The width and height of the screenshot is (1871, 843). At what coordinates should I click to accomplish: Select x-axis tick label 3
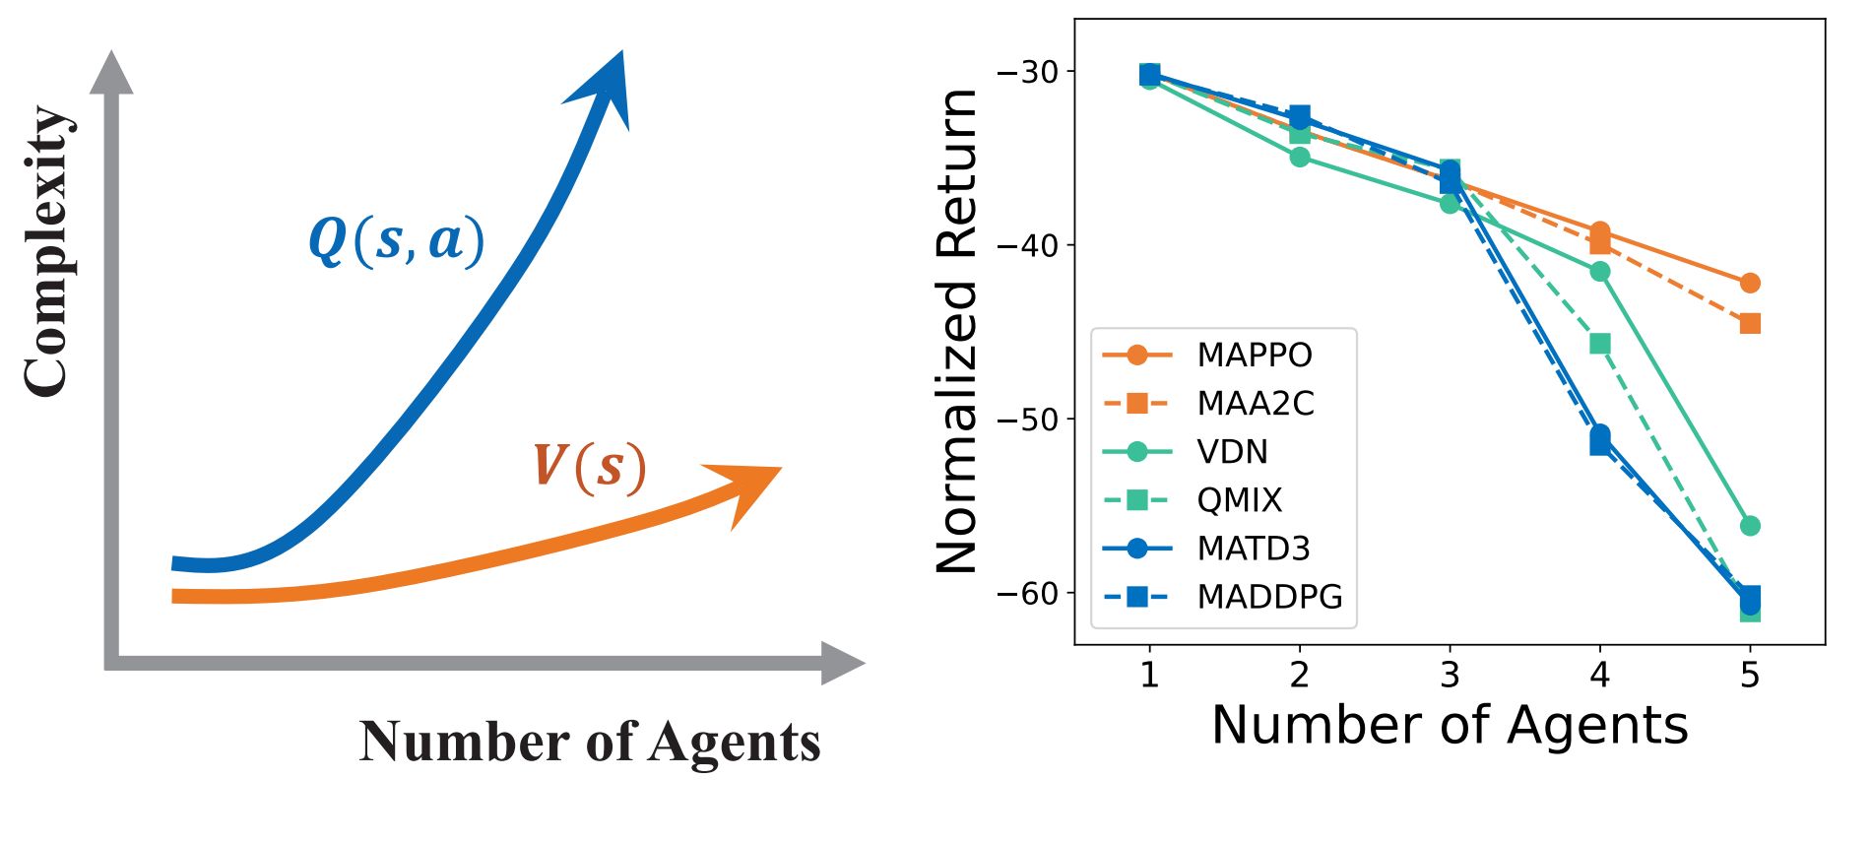tap(1450, 675)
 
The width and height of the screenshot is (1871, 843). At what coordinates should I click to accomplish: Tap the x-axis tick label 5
tap(1750, 675)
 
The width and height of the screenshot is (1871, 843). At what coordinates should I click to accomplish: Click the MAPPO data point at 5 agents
tap(1750, 284)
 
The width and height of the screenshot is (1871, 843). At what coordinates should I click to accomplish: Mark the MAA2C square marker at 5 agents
tap(1750, 324)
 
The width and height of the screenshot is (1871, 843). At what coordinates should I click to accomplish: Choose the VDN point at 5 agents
tap(1750, 526)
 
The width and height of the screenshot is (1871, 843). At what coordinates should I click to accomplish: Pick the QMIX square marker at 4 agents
tap(1600, 344)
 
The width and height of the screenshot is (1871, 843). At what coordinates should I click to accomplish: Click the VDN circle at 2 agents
tap(1300, 157)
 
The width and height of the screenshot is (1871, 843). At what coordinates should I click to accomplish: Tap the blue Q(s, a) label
tap(396, 240)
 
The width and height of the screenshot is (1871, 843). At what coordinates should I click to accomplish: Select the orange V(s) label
tap(589, 466)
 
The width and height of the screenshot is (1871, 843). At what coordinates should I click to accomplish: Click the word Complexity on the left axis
tap(47, 251)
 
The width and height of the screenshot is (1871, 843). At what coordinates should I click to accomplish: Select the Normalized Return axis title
tap(956, 331)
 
